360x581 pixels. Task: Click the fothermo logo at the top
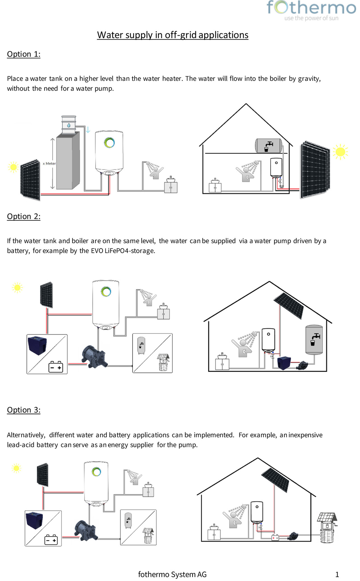[x=311, y=10]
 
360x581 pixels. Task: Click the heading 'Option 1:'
[x=24, y=54]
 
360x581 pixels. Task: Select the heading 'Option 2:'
[x=24, y=216]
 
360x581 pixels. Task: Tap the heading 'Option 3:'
[x=24, y=410]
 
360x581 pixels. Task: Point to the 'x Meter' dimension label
[x=49, y=163]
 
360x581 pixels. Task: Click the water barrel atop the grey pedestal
[x=69, y=124]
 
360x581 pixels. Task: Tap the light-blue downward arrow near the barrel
[x=88, y=130]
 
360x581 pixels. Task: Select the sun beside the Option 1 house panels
[x=340, y=152]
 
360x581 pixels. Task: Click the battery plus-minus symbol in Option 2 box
[x=56, y=367]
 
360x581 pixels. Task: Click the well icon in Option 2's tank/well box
[x=163, y=362]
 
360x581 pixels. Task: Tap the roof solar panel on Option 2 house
[x=289, y=306]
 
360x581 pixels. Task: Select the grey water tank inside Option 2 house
[x=314, y=340]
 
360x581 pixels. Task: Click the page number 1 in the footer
[x=337, y=574]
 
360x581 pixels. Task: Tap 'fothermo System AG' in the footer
[x=172, y=574]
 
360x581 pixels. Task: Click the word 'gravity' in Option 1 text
[x=309, y=79]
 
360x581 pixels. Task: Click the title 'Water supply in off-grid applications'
[x=173, y=35]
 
